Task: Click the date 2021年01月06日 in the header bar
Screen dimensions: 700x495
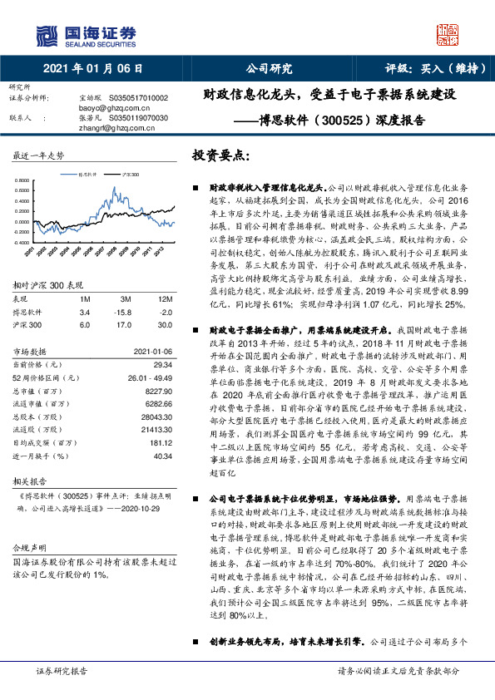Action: (x=92, y=69)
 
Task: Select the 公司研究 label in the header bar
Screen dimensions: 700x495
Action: (x=268, y=69)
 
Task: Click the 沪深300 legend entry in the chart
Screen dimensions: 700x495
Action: (x=128, y=175)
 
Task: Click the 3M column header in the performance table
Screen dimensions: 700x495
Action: (x=124, y=298)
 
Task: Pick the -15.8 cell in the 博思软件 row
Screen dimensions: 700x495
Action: (x=124, y=311)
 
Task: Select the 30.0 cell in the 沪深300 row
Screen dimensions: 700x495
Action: (x=164, y=323)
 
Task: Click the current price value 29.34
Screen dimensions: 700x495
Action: (x=163, y=365)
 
